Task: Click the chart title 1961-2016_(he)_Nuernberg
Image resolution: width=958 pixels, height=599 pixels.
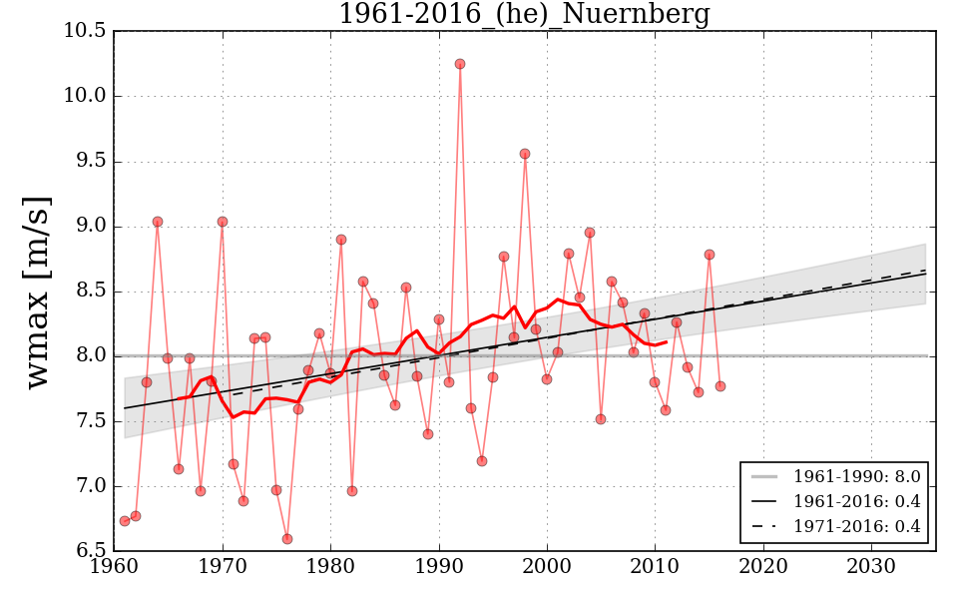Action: pos(524,15)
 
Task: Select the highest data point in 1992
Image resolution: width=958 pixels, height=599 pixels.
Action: pos(460,64)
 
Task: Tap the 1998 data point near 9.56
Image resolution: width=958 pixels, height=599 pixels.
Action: pos(525,154)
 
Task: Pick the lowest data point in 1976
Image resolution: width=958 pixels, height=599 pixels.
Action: pos(287,539)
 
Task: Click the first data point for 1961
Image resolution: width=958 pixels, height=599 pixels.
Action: pos(125,521)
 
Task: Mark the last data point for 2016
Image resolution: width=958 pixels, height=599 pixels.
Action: pos(720,386)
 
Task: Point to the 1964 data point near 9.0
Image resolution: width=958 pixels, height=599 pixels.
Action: pos(158,222)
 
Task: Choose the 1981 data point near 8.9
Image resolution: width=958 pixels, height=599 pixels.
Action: pos(341,240)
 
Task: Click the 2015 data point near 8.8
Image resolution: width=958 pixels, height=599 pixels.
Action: pos(710,255)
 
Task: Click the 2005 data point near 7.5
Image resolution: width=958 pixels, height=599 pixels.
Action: pos(601,419)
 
